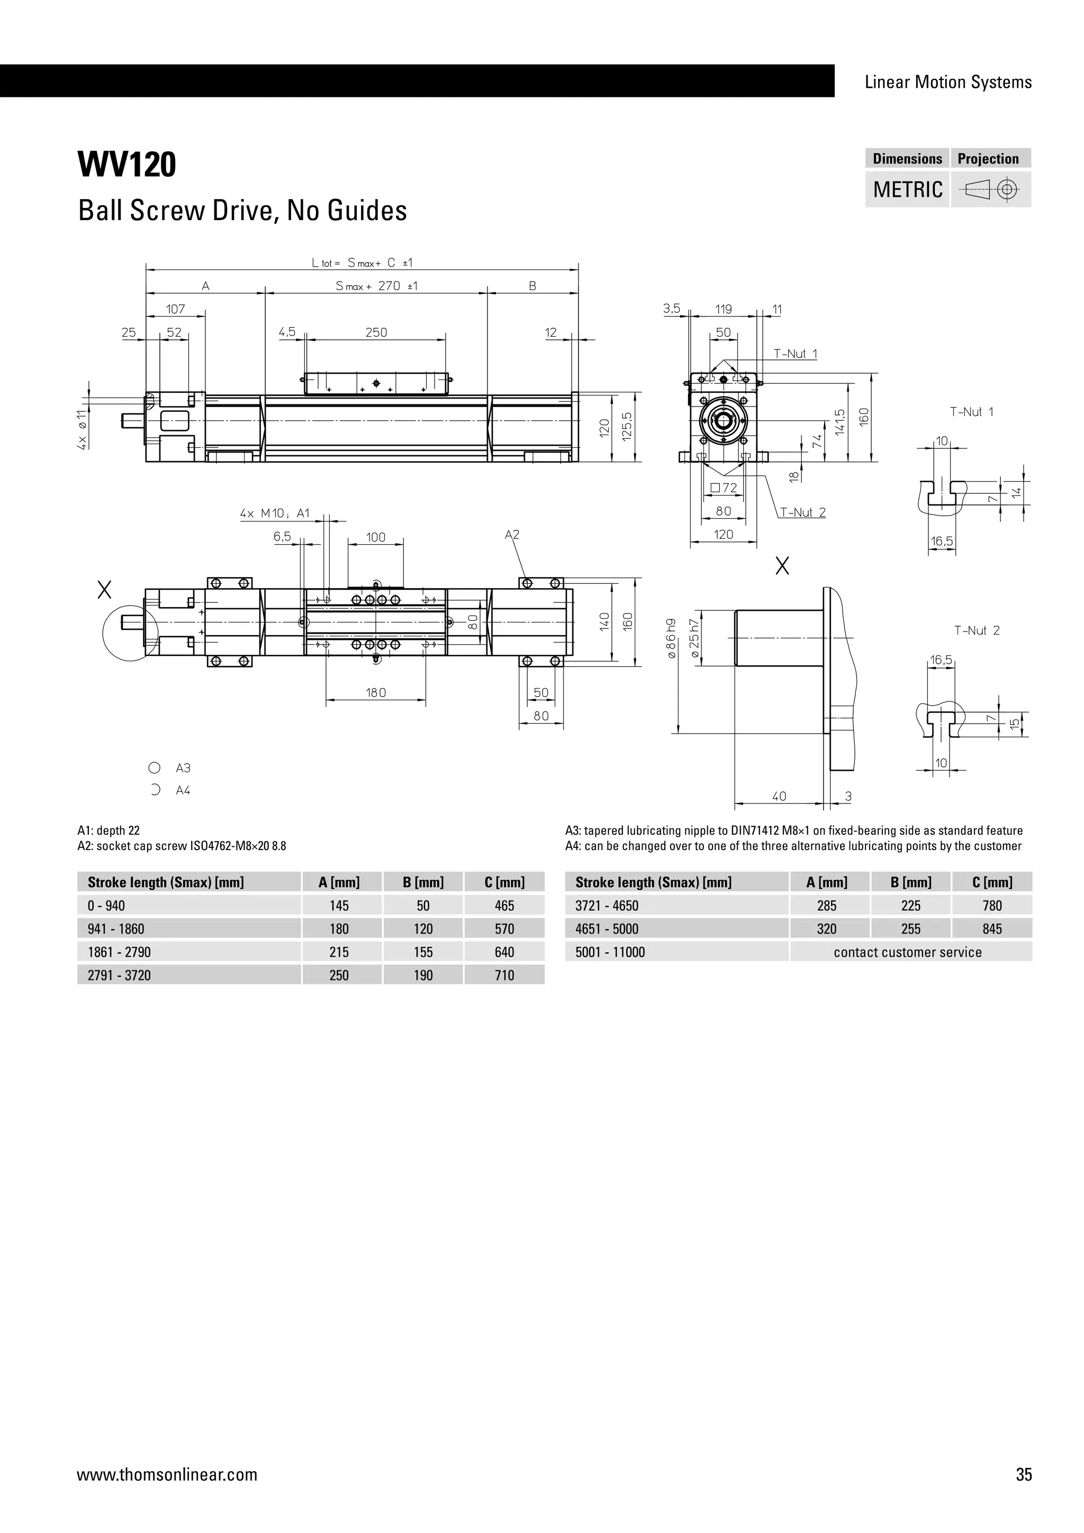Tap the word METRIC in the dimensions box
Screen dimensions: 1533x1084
[907, 190]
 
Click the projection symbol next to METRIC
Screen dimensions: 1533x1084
[990, 190]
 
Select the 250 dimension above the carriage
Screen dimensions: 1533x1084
[376, 332]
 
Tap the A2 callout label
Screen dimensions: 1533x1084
[512, 535]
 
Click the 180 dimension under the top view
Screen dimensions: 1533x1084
[376, 692]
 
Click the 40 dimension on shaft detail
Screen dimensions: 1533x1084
[779, 796]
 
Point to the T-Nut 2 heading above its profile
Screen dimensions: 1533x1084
[977, 630]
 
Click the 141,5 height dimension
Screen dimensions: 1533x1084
[839, 422]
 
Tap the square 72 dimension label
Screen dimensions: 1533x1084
[724, 488]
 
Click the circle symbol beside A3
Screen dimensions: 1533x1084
[154, 768]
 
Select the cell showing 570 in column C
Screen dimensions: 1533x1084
[504, 929]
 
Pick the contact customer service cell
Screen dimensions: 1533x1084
[907, 952]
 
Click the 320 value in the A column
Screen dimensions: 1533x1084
[826, 929]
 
